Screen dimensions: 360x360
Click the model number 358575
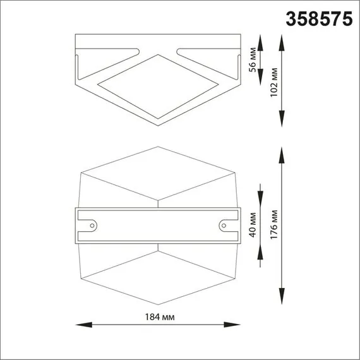coord(320,18)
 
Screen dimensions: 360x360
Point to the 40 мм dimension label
coord(253,224)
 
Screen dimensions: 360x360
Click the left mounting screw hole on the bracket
coord(92,225)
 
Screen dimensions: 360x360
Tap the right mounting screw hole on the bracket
coord(223,225)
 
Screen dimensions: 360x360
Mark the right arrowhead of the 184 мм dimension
coord(235,325)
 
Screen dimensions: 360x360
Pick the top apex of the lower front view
coord(157,147)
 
